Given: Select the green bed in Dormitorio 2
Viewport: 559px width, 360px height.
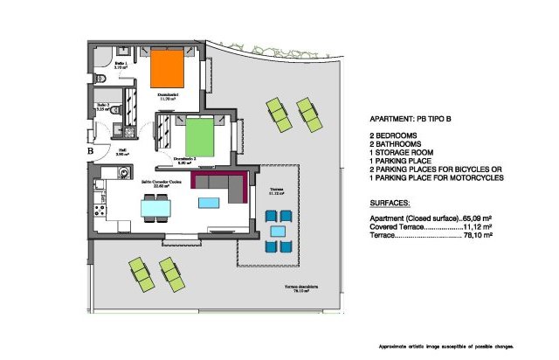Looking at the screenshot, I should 204,137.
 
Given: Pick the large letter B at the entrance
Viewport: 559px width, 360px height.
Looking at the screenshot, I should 91,150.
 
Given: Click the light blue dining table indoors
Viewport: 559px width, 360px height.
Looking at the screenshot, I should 157,208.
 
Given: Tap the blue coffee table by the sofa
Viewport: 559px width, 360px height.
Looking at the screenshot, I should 209,203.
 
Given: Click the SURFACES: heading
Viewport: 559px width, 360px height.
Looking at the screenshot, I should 390,203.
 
